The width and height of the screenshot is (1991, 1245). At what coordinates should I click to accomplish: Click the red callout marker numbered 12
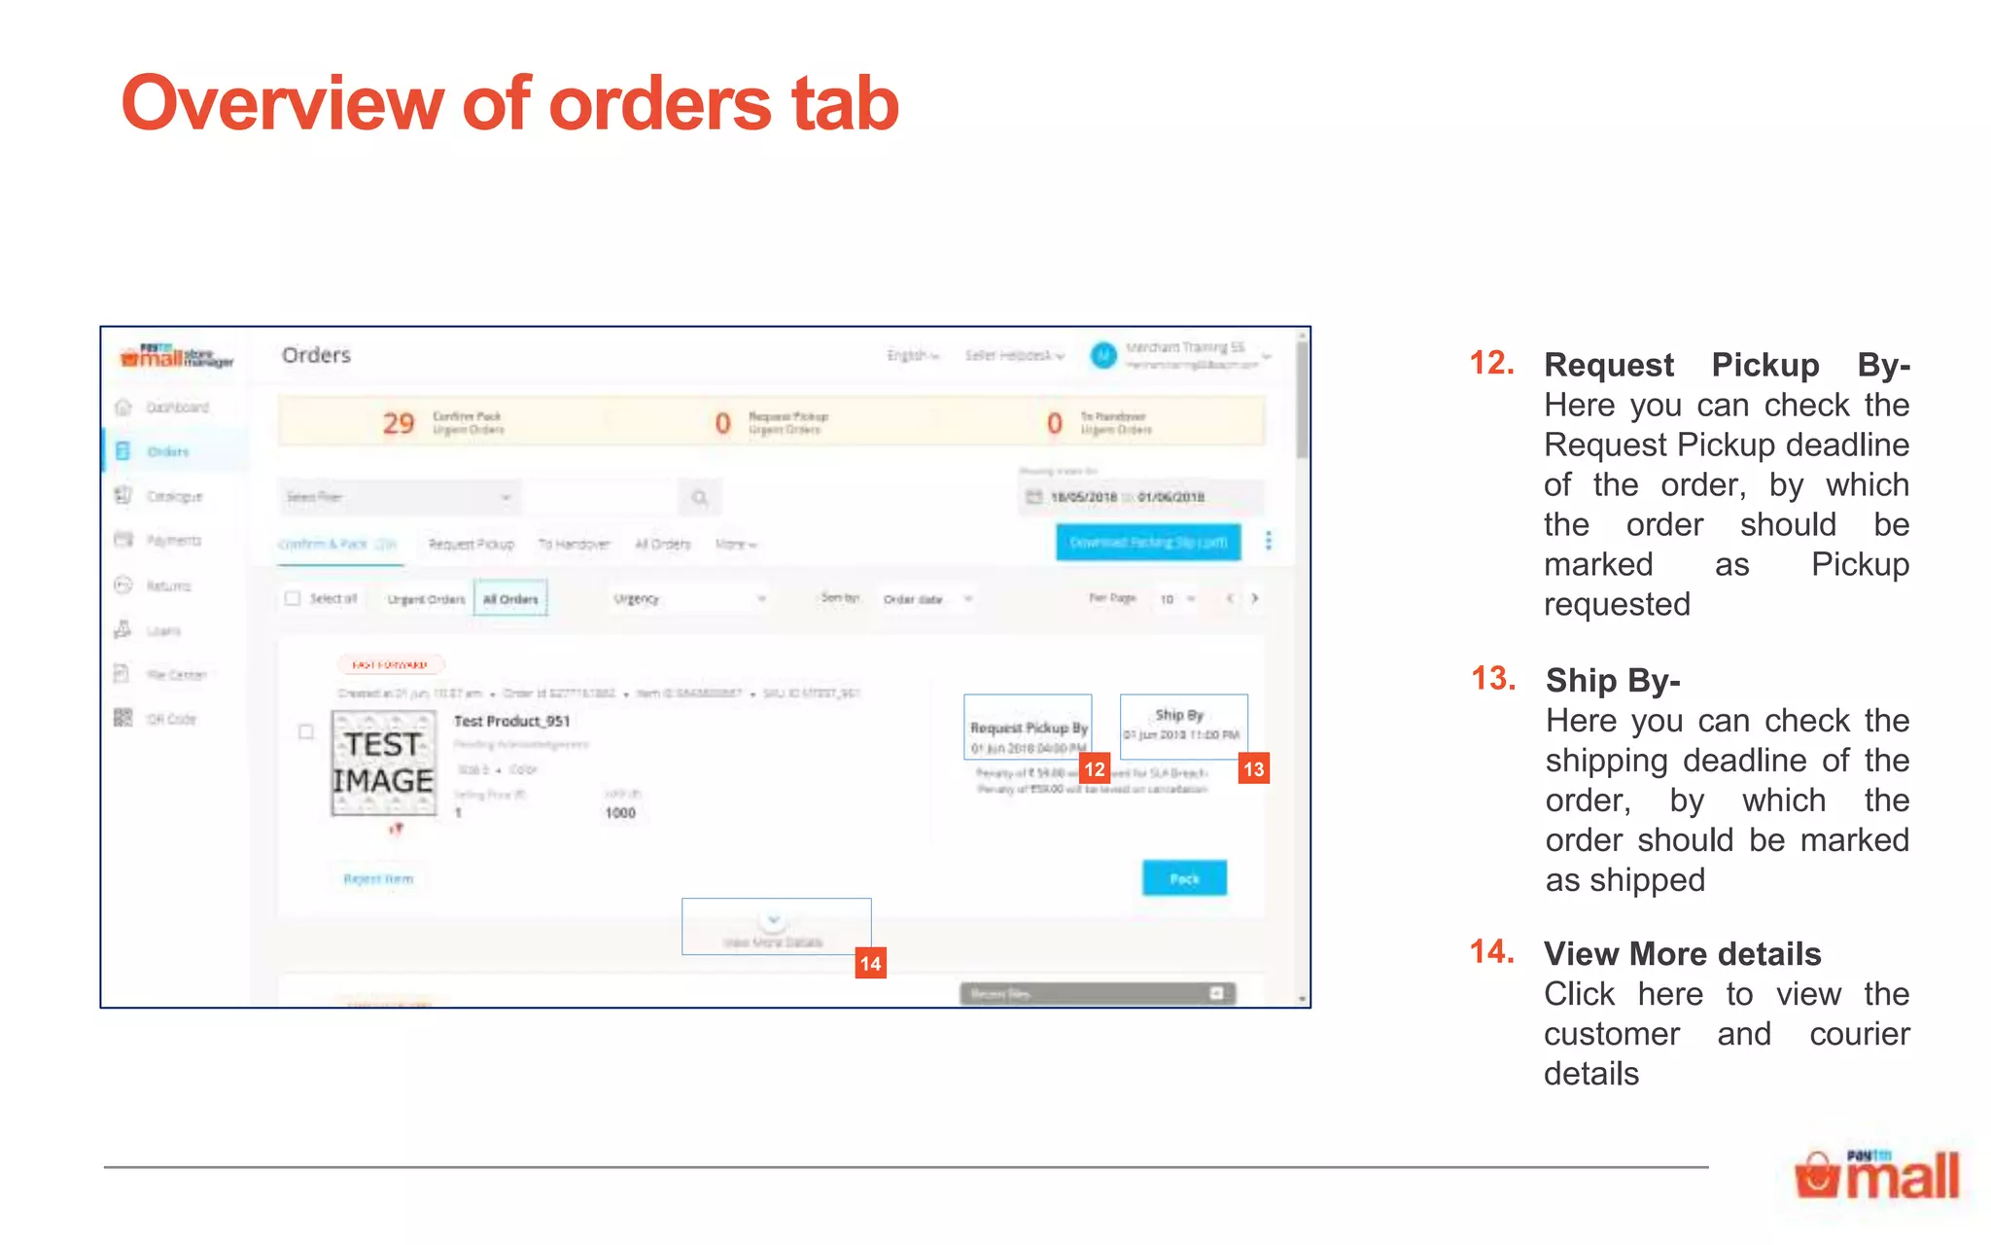click(x=1095, y=769)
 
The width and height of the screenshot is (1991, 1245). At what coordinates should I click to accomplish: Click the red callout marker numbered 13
click(x=1253, y=769)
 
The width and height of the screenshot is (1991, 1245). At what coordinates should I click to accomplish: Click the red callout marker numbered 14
click(x=870, y=964)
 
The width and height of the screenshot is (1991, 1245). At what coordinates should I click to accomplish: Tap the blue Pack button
click(x=1184, y=878)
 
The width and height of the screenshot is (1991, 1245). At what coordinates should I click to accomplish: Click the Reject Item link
click(x=378, y=878)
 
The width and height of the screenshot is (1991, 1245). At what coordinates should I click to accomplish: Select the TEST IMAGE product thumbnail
click(x=383, y=764)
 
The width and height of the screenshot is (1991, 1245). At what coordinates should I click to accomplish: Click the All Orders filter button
click(x=510, y=598)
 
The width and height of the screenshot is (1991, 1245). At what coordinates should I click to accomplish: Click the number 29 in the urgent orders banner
click(x=398, y=423)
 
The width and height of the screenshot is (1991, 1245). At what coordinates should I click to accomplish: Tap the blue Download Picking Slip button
click(x=1148, y=542)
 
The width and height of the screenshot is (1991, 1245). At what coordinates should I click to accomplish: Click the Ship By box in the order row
click(x=1183, y=726)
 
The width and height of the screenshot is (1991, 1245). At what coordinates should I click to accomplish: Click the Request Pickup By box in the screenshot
click(x=1028, y=727)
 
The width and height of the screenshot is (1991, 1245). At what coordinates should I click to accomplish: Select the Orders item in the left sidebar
click(x=167, y=451)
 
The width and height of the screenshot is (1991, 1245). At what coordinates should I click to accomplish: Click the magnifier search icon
click(x=699, y=497)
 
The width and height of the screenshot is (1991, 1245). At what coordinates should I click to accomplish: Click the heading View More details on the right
click(x=1682, y=954)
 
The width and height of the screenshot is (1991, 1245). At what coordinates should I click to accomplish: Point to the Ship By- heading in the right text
click(x=1613, y=680)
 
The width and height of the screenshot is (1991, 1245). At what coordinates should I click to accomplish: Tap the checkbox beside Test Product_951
click(x=306, y=731)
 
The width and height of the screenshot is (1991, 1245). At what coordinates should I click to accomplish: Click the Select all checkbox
click(x=293, y=598)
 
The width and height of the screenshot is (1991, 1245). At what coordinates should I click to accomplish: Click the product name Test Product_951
click(x=511, y=721)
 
